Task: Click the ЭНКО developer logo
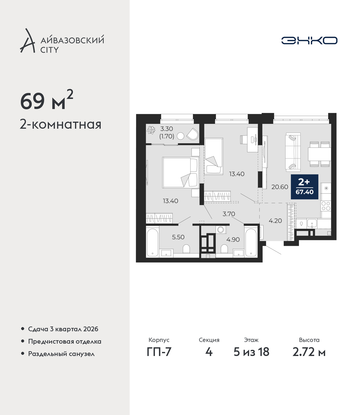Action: [x=309, y=40]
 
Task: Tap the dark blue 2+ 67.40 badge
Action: [x=305, y=187]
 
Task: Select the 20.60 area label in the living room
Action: [x=280, y=187]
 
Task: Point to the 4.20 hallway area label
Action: [x=275, y=221]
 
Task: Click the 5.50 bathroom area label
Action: [x=178, y=237]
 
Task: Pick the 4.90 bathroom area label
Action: [x=233, y=239]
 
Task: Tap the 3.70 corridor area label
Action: [x=229, y=214]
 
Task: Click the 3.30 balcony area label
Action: [x=166, y=128]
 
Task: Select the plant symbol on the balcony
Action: [x=151, y=130]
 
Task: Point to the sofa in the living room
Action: [x=293, y=152]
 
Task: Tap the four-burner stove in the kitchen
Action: [x=326, y=206]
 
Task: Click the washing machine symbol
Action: [x=221, y=230]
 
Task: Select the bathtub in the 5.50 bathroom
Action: [x=152, y=242]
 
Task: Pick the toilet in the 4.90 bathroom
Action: [x=224, y=249]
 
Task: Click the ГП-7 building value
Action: [x=159, y=352]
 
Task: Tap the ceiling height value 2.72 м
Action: [x=309, y=352]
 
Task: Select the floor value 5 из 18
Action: [x=251, y=352]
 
